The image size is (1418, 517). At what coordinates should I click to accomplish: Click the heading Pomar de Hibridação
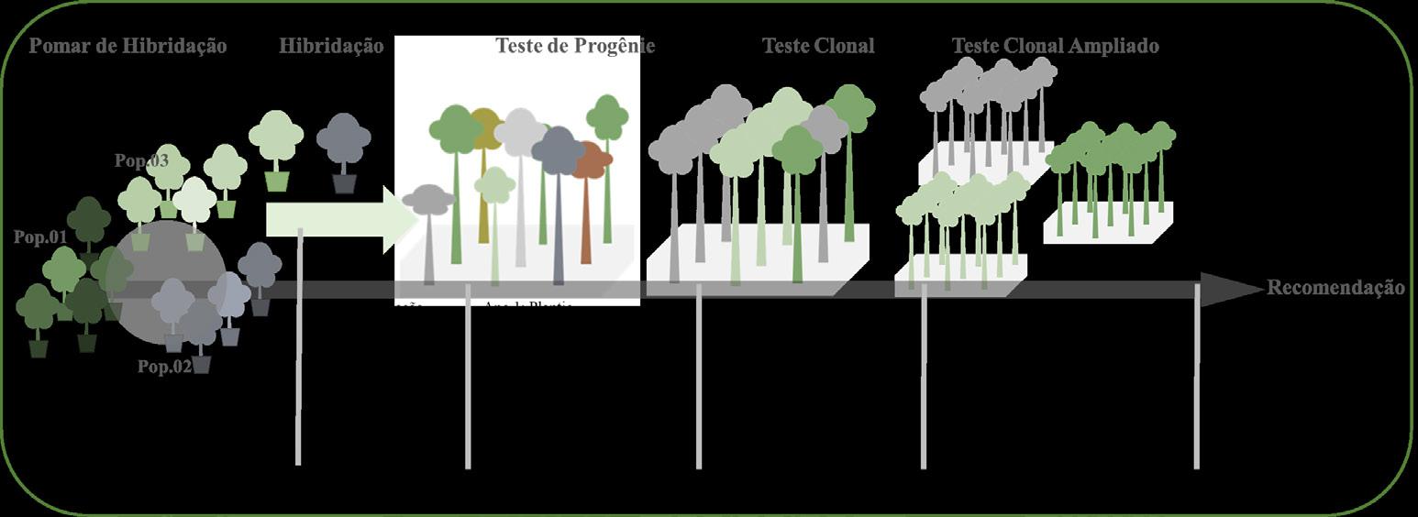click(127, 46)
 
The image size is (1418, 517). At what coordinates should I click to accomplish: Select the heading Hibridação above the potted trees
click(331, 46)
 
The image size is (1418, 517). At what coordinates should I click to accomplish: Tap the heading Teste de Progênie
click(575, 46)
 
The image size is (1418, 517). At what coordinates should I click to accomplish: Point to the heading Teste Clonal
click(818, 46)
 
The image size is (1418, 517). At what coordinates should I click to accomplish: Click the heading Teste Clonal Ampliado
click(1055, 46)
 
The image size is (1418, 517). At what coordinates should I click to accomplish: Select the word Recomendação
click(1335, 288)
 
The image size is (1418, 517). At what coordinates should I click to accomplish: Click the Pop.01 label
click(40, 237)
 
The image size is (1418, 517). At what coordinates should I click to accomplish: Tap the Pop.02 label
click(164, 367)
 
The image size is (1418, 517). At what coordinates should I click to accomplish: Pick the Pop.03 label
click(141, 161)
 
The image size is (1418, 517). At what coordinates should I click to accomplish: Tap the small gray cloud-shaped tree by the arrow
click(428, 201)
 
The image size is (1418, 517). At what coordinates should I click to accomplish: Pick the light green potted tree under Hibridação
click(276, 138)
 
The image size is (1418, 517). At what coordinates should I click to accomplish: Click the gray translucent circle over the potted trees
click(166, 276)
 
